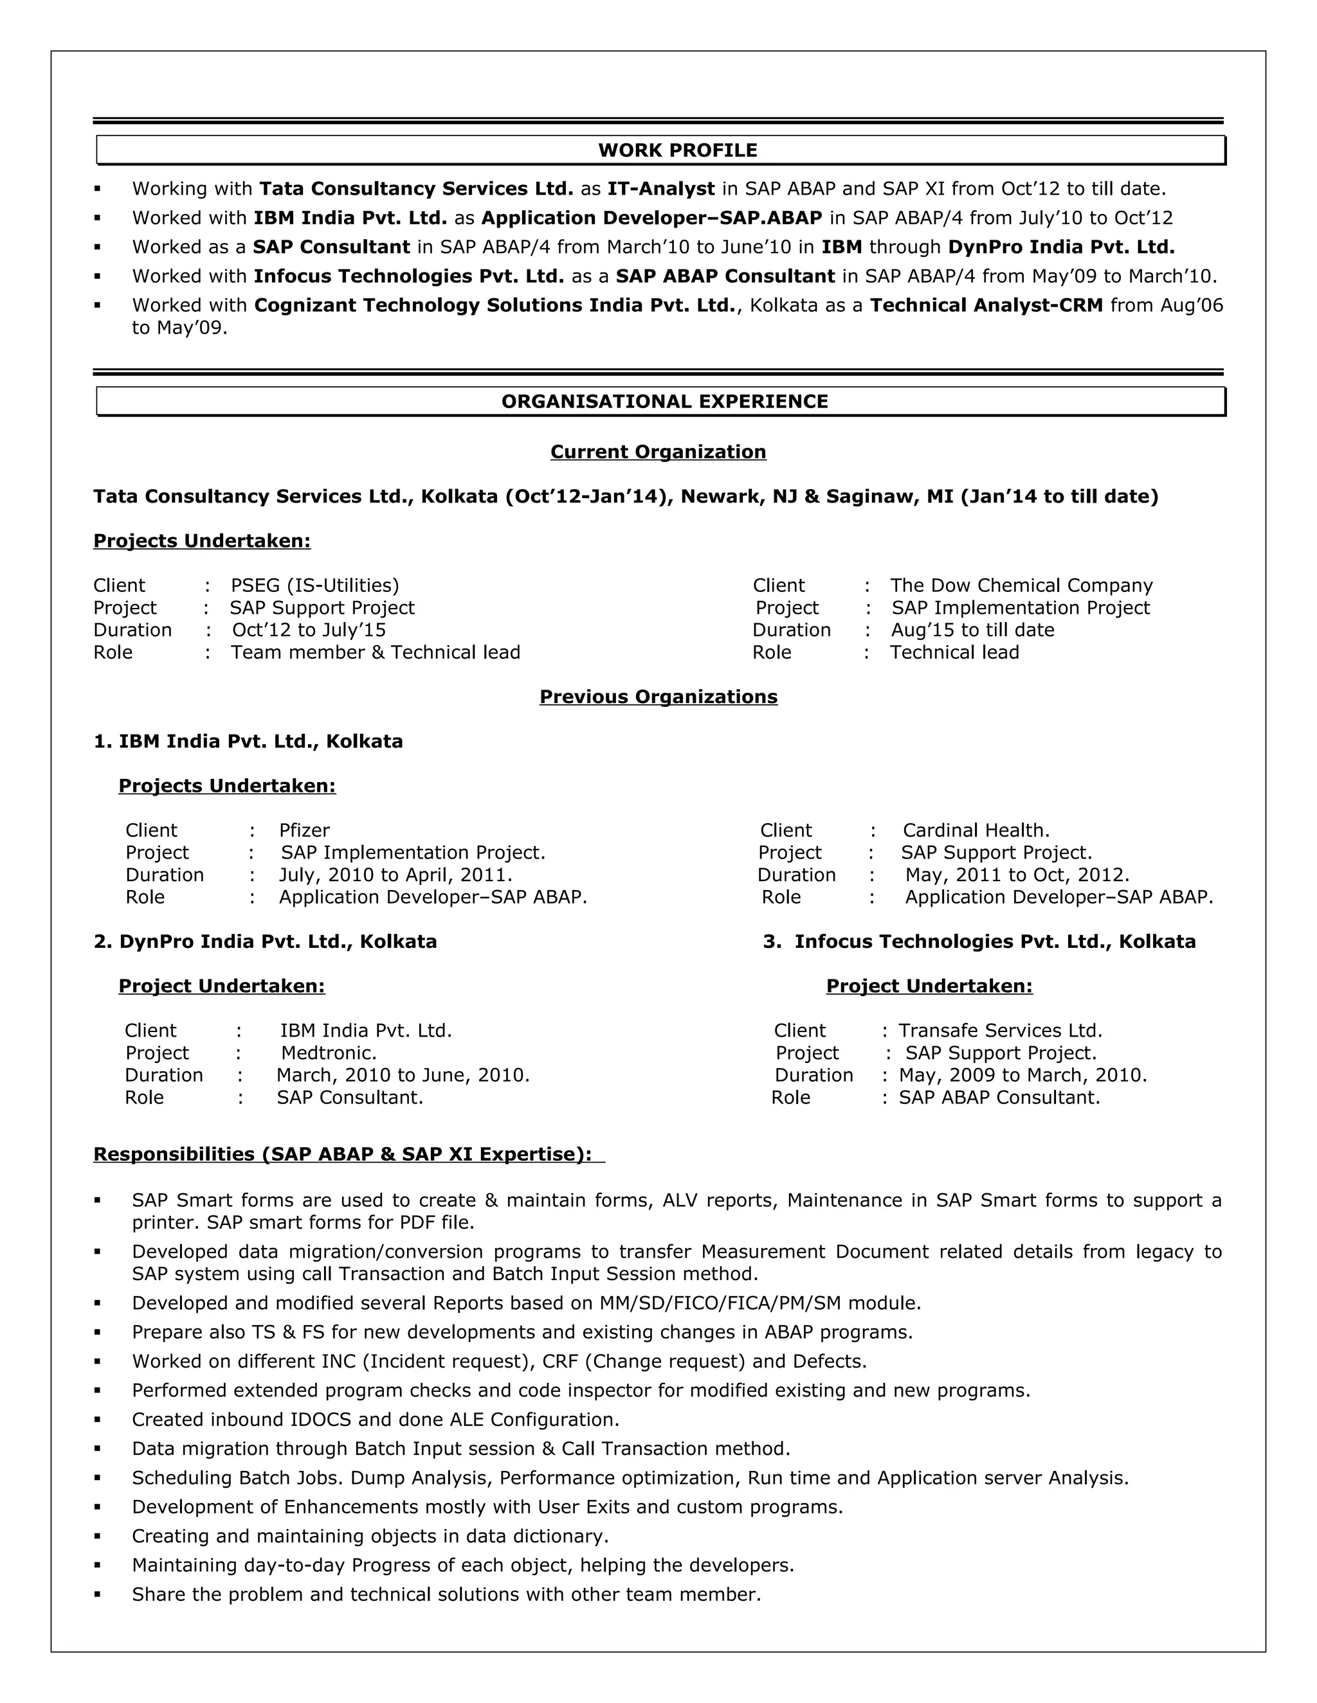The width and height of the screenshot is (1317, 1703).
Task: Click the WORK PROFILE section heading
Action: point(677,150)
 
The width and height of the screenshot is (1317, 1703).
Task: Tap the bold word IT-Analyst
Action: point(661,189)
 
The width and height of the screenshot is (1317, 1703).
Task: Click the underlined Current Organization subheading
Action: point(658,452)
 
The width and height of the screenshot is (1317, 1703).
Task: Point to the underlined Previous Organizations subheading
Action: point(658,697)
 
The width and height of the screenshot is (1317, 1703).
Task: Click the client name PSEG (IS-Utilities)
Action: point(314,585)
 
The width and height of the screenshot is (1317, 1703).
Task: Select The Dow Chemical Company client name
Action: point(1021,585)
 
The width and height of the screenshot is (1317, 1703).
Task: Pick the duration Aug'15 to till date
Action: point(972,630)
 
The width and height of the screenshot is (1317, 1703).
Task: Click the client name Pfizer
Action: point(304,830)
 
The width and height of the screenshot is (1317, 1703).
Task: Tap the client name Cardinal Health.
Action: point(976,830)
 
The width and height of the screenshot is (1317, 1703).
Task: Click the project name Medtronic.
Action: point(329,1053)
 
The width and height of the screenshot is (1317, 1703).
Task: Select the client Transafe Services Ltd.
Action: point(999,1031)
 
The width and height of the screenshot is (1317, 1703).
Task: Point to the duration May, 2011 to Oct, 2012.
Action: point(1017,875)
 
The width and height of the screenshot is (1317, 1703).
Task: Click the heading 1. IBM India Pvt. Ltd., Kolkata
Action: point(248,742)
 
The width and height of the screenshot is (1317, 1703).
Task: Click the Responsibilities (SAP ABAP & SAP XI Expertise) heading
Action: point(343,1154)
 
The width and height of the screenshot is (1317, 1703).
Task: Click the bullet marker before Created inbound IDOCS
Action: point(98,1420)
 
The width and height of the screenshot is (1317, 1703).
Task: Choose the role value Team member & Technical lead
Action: point(376,653)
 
